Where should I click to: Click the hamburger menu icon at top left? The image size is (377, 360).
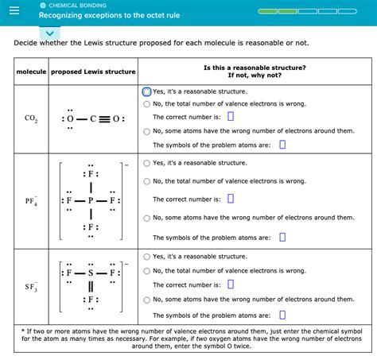[14, 11]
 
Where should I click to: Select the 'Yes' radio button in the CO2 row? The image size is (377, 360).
[147, 91]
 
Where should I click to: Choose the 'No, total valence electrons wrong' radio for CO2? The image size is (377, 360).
[147, 103]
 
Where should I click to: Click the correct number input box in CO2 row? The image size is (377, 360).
[231, 117]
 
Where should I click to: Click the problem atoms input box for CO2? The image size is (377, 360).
[282, 145]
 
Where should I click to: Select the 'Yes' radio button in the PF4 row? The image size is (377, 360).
[147, 163]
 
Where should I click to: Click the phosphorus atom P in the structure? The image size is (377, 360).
[91, 201]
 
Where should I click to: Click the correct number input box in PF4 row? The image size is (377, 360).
[231, 199]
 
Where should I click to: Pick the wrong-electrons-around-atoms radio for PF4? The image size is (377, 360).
[147, 219]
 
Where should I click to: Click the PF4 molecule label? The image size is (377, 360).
[31, 202]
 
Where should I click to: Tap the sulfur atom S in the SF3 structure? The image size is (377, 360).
[91, 272]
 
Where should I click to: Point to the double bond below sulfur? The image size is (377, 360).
[91, 286]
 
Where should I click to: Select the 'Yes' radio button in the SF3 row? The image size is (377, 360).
[147, 257]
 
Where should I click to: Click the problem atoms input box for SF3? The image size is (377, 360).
[282, 314]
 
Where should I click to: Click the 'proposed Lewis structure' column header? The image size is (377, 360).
[93, 72]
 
